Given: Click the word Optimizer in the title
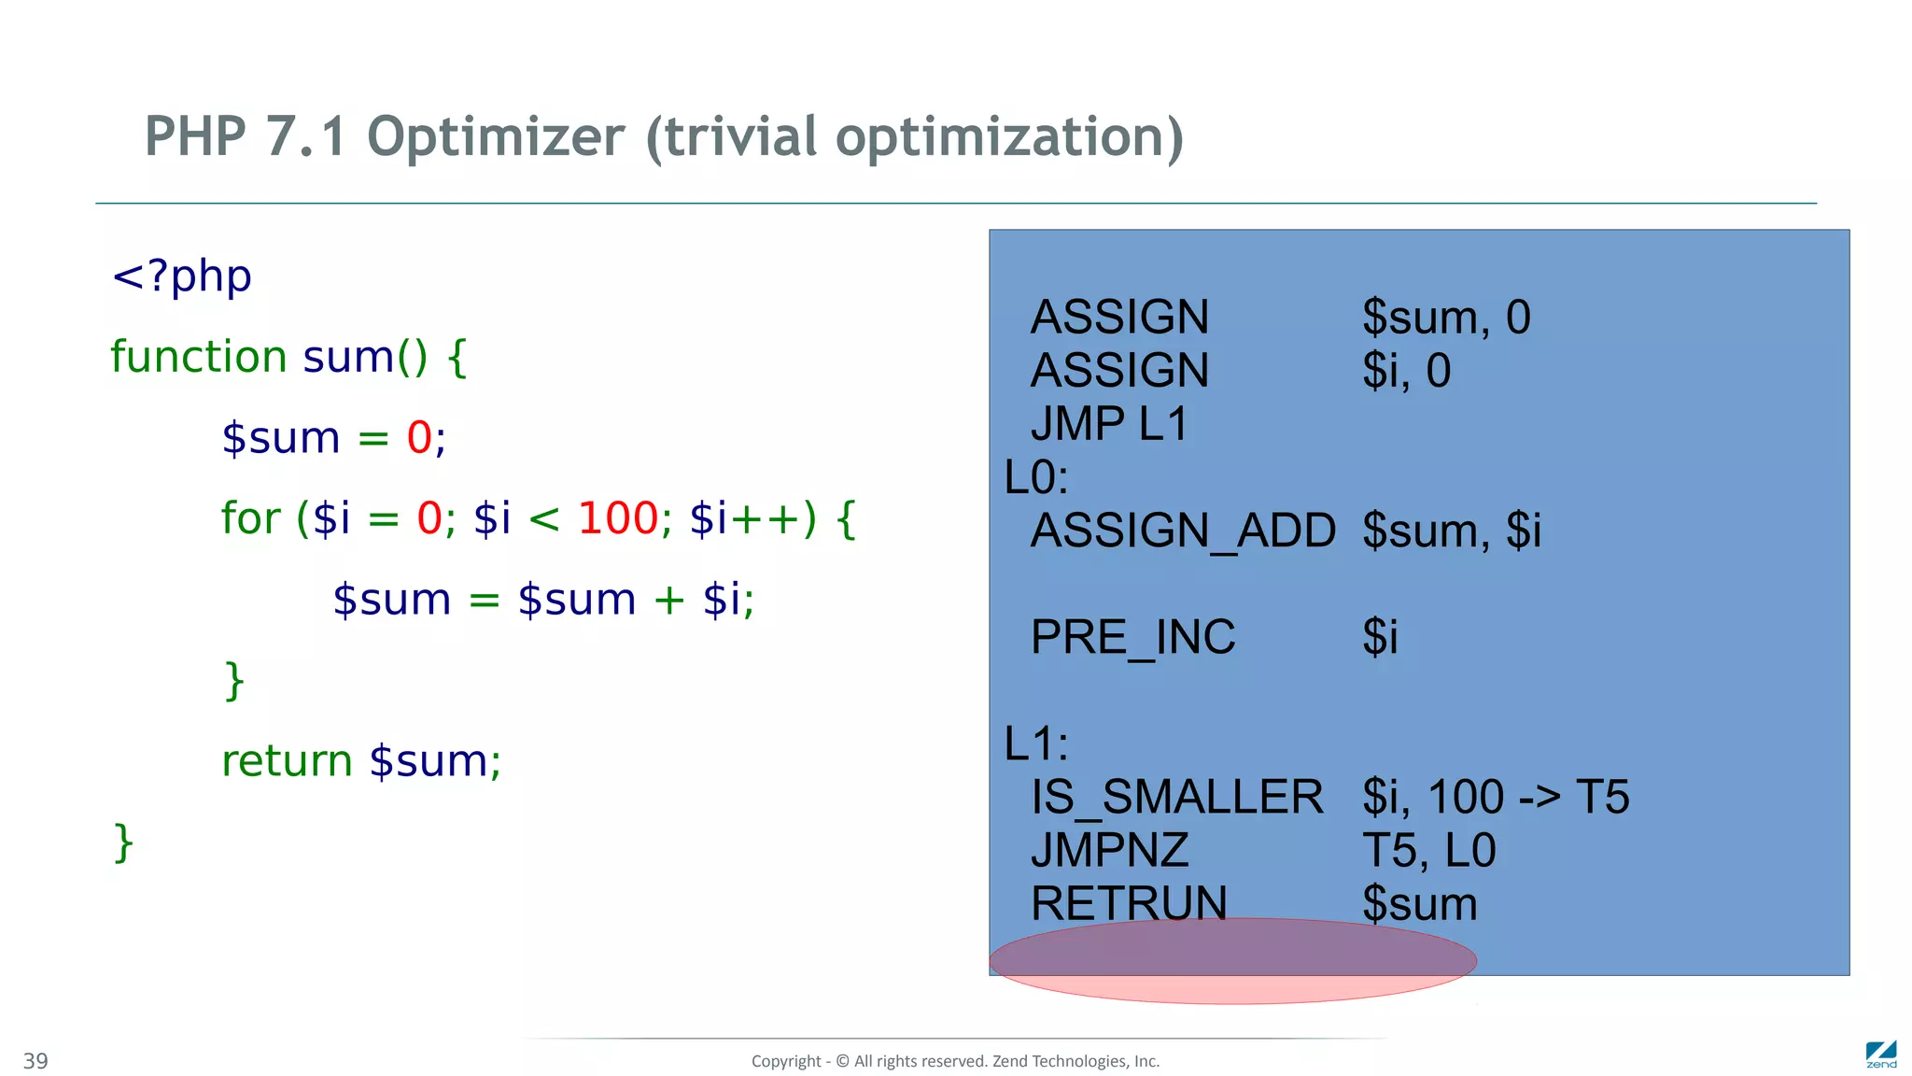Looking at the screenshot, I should pyautogui.click(x=496, y=137).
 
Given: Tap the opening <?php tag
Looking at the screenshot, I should pyautogui.click(x=182, y=276).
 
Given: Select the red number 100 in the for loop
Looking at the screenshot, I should pyautogui.click(x=618, y=518).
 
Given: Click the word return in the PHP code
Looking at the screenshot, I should pyautogui.click(x=287, y=761).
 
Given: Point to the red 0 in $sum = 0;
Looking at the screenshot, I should pyautogui.click(x=419, y=438).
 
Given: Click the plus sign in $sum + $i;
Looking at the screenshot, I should pyautogui.click(x=668, y=600).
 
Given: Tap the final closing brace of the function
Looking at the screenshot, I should pyautogui.click(x=123, y=842).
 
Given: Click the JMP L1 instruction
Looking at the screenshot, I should pyautogui.click(x=1109, y=424).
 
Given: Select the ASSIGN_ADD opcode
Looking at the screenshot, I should pyautogui.click(x=1183, y=531).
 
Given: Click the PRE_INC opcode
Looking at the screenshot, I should pyautogui.click(x=1132, y=637).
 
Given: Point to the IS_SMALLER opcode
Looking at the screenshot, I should pyautogui.click(x=1176, y=798).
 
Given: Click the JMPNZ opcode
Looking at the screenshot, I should pyautogui.click(x=1109, y=851).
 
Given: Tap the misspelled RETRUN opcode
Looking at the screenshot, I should pyautogui.click(x=1129, y=903).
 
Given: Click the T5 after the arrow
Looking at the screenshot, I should pyautogui.click(x=1602, y=798).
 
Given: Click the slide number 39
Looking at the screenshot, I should pyautogui.click(x=35, y=1061).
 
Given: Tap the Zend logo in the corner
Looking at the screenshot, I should pyautogui.click(x=1880, y=1055).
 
